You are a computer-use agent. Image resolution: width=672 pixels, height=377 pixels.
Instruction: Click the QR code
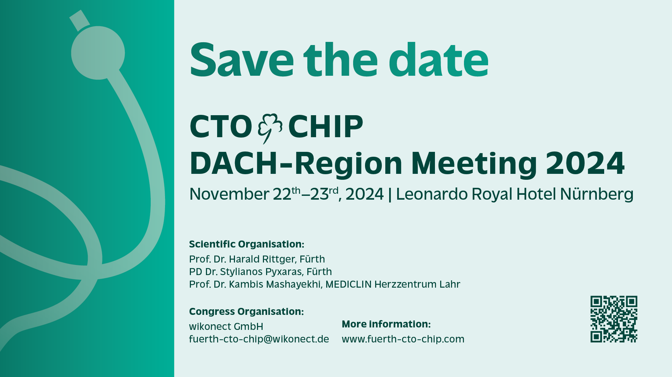614,319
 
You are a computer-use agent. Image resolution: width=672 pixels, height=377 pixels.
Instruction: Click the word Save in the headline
242,60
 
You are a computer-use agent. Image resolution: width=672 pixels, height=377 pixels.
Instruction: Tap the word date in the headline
438,60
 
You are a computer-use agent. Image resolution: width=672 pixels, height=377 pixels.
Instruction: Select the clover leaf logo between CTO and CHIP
270,128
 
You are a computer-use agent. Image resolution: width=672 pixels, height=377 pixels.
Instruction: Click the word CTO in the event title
221,126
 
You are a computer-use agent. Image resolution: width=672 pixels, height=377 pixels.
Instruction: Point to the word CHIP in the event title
326,126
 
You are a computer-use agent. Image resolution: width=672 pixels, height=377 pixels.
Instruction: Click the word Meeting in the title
474,164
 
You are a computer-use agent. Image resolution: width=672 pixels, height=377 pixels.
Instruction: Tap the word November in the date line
229,194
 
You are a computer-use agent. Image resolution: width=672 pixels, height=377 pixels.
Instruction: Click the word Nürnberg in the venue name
596,194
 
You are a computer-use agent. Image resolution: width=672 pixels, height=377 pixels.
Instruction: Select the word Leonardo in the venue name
431,194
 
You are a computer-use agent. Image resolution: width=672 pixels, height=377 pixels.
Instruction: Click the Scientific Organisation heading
246,244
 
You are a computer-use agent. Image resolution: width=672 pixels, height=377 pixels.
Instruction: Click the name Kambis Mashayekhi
274,284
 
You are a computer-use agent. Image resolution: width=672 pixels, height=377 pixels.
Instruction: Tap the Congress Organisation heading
246,311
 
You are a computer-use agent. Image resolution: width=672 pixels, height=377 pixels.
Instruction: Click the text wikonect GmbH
226,327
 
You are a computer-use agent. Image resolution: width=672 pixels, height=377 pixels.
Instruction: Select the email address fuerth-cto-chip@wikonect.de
259,339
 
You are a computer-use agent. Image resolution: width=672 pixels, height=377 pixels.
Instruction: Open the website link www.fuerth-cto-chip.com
403,339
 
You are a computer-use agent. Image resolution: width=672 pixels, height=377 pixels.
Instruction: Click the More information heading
386,324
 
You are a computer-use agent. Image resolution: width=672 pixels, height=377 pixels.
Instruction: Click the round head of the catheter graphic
98,53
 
